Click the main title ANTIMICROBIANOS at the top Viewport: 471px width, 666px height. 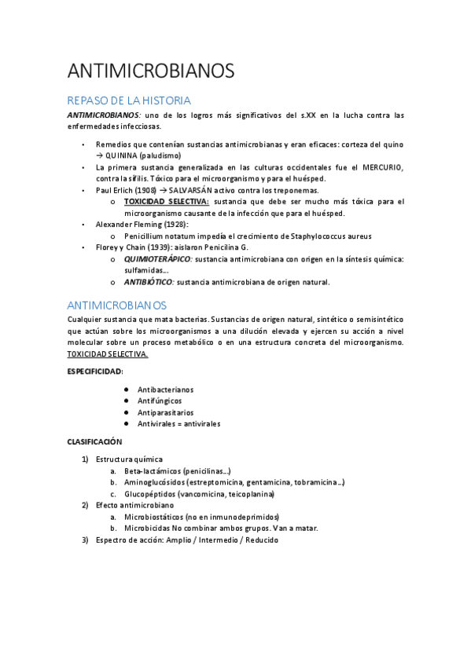[x=151, y=71]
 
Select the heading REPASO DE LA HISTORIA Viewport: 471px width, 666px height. [x=129, y=101]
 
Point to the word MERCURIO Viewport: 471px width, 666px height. [x=383, y=167]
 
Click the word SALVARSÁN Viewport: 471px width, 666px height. [x=189, y=190]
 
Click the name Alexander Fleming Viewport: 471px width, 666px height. [x=123, y=225]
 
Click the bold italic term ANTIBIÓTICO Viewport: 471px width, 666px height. [x=149, y=282]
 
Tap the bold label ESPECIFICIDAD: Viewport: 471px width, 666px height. [x=95, y=371]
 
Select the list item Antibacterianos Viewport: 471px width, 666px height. [x=165, y=390]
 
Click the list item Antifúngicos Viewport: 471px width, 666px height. [x=160, y=401]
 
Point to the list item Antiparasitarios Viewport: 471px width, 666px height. [x=165, y=412]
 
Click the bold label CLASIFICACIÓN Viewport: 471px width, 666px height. [x=94, y=442]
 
